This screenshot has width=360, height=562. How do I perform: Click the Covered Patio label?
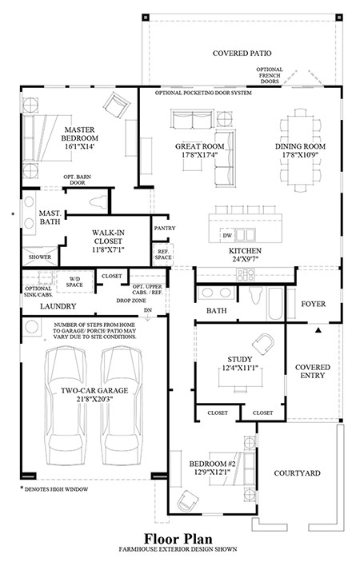click(x=242, y=54)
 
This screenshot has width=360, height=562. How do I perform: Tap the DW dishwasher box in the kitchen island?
click(x=227, y=236)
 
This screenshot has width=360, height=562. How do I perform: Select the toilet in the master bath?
click(x=98, y=202)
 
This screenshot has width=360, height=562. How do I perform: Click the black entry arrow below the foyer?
click(x=318, y=330)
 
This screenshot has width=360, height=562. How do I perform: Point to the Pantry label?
click(x=165, y=228)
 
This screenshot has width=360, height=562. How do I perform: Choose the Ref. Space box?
click(x=163, y=255)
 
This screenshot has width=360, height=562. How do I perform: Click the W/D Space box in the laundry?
click(x=74, y=282)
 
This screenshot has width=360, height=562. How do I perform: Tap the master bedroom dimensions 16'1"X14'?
click(x=80, y=146)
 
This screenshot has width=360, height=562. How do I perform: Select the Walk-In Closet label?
click(x=107, y=237)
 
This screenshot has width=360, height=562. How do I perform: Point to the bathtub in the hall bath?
click(x=275, y=304)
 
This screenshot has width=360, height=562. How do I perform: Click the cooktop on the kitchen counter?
click(x=246, y=274)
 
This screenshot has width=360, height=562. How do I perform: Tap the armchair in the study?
click(x=263, y=344)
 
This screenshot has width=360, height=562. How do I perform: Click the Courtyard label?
click(x=297, y=473)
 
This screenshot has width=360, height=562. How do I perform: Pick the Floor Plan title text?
click(x=178, y=539)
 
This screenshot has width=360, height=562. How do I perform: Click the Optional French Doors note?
click(x=270, y=75)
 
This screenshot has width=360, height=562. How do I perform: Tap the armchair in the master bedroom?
click(x=116, y=104)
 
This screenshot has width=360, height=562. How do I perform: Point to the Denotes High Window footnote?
click(x=54, y=489)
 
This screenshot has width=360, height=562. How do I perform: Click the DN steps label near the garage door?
click(x=148, y=310)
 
